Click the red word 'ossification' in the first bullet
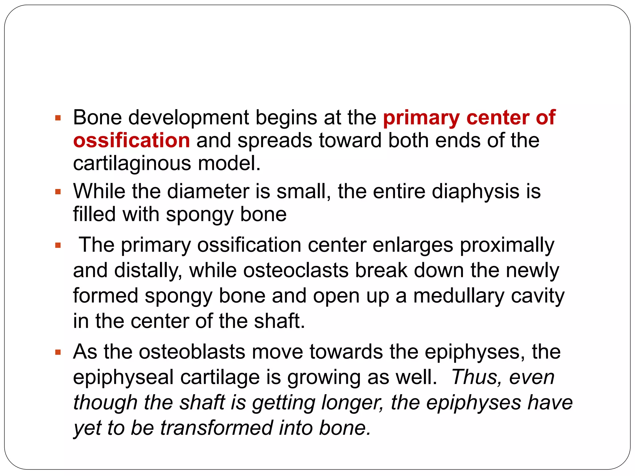(x=131, y=140)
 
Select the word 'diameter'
(x=208, y=191)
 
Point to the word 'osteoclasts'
(x=295, y=270)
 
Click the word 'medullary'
(x=459, y=296)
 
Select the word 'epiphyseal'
(x=123, y=377)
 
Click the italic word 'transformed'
(x=216, y=428)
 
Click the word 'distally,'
(x=148, y=270)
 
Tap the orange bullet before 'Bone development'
(x=58, y=118)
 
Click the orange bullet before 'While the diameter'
(x=58, y=192)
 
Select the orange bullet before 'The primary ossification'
(x=58, y=246)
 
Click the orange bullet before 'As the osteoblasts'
(x=58, y=352)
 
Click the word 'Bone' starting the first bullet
(x=97, y=118)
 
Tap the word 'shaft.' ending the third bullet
(x=279, y=321)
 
